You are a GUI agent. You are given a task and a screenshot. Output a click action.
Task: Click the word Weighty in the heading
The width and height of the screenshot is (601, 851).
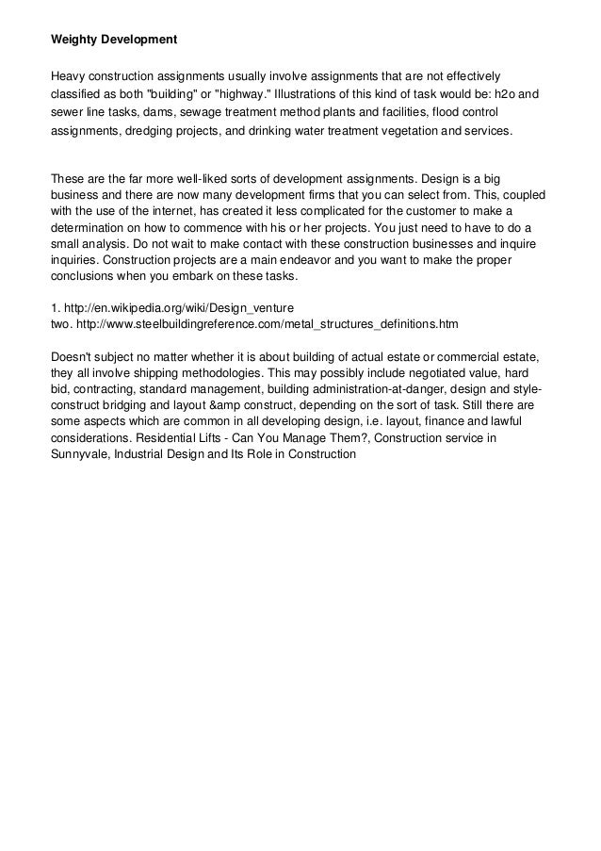click(x=74, y=41)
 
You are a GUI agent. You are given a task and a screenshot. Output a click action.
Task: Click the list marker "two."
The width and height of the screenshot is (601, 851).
click(x=61, y=324)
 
